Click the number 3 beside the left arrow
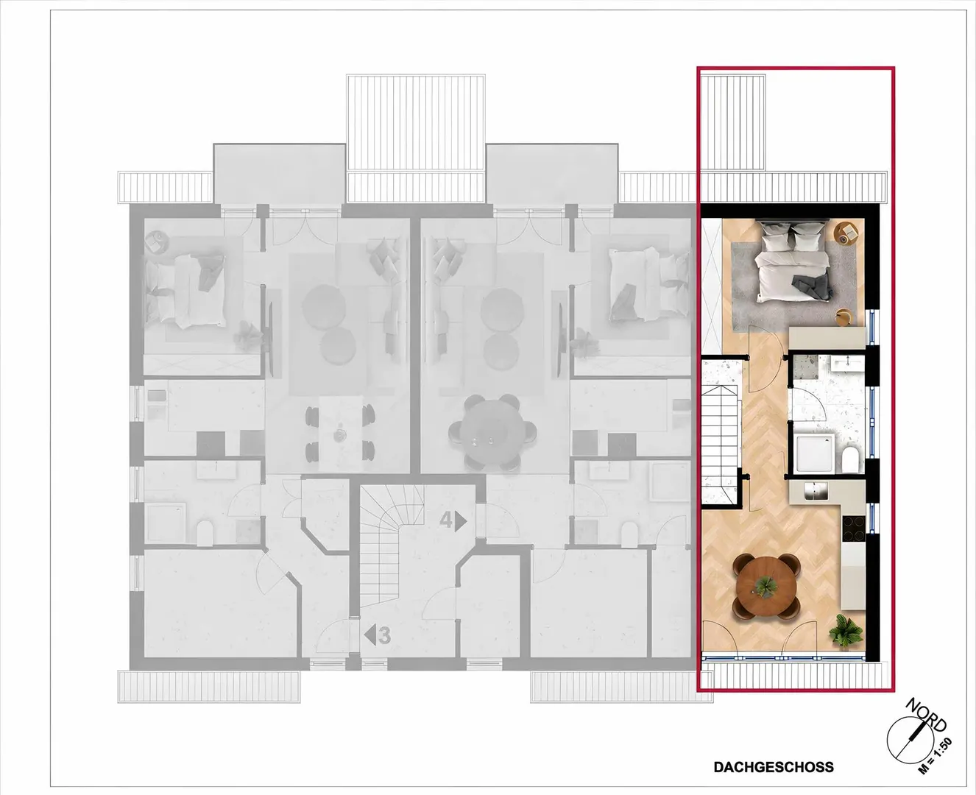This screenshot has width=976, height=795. [384, 635]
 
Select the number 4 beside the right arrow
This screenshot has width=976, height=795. [446, 520]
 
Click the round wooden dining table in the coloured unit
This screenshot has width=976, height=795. [766, 587]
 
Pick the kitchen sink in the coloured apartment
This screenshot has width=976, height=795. [816, 491]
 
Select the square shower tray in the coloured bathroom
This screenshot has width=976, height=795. [814, 453]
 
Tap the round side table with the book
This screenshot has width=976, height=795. [845, 233]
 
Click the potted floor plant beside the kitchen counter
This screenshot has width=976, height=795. [846, 632]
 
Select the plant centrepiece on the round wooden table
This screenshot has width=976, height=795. [766, 587]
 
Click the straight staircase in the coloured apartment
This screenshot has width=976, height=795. [723, 431]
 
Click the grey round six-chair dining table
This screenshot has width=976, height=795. [492, 431]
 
